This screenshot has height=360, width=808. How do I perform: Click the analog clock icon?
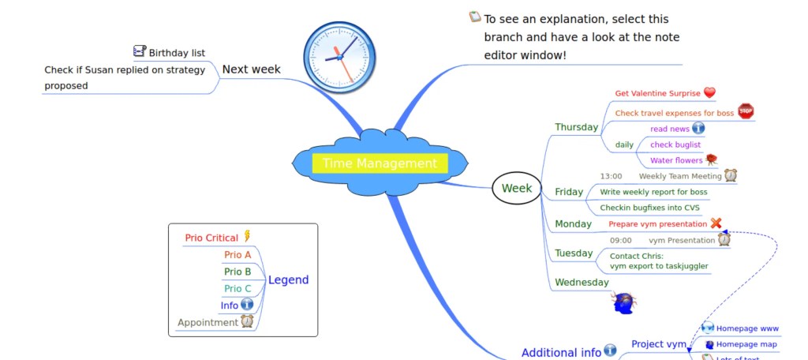(x=335, y=53)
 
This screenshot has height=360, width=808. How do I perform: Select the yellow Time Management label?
(x=380, y=163)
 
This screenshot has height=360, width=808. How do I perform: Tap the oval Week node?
(x=517, y=188)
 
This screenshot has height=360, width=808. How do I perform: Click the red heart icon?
(x=709, y=93)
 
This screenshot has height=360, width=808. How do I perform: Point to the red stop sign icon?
(x=746, y=111)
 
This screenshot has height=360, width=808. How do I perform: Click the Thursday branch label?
(x=576, y=127)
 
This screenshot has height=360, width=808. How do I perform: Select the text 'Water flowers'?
(x=675, y=160)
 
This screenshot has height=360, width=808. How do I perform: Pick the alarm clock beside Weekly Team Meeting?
(x=731, y=175)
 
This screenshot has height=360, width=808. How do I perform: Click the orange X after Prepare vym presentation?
(x=716, y=223)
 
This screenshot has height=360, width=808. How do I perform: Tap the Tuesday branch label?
(x=574, y=253)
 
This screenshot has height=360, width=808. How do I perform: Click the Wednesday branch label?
(x=582, y=282)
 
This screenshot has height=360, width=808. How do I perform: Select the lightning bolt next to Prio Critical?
(x=247, y=236)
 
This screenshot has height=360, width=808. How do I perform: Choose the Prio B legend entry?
(x=238, y=272)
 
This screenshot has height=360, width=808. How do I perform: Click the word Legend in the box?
(x=288, y=280)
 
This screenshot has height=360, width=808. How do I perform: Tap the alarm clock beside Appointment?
(x=247, y=321)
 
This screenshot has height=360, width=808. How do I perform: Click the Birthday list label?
(x=177, y=53)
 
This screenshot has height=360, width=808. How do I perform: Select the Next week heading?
(x=251, y=69)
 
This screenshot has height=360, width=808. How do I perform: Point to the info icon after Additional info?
(x=610, y=351)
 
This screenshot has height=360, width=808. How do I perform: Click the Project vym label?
(x=659, y=344)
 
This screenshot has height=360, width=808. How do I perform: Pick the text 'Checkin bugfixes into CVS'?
(x=649, y=208)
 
